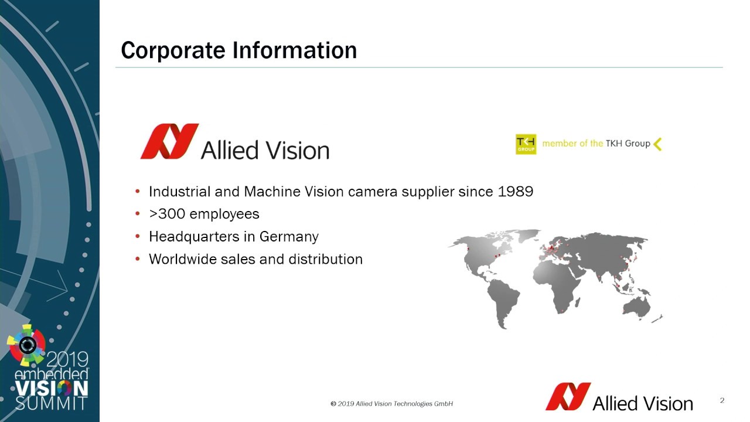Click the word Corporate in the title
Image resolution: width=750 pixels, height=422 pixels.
pyautogui.click(x=173, y=50)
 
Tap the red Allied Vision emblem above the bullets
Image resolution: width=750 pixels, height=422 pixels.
pyautogui.click(x=169, y=141)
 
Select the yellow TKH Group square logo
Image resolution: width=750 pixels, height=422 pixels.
pyautogui.click(x=526, y=144)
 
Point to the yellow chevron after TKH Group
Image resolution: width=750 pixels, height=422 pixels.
pyautogui.click(x=657, y=144)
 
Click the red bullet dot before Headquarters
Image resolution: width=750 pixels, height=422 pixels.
pyautogui.click(x=138, y=236)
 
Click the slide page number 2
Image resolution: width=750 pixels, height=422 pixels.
pyautogui.click(x=722, y=400)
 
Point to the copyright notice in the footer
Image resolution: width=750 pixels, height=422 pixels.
pyautogui.click(x=392, y=404)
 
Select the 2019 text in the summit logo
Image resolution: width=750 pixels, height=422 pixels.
pyautogui.click(x=67, y=360)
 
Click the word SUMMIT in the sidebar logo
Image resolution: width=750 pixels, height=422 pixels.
pyautogui.click(x=51, y=404)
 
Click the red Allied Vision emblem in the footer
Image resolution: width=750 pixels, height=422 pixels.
pyautogui.click(x=568, y=397)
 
